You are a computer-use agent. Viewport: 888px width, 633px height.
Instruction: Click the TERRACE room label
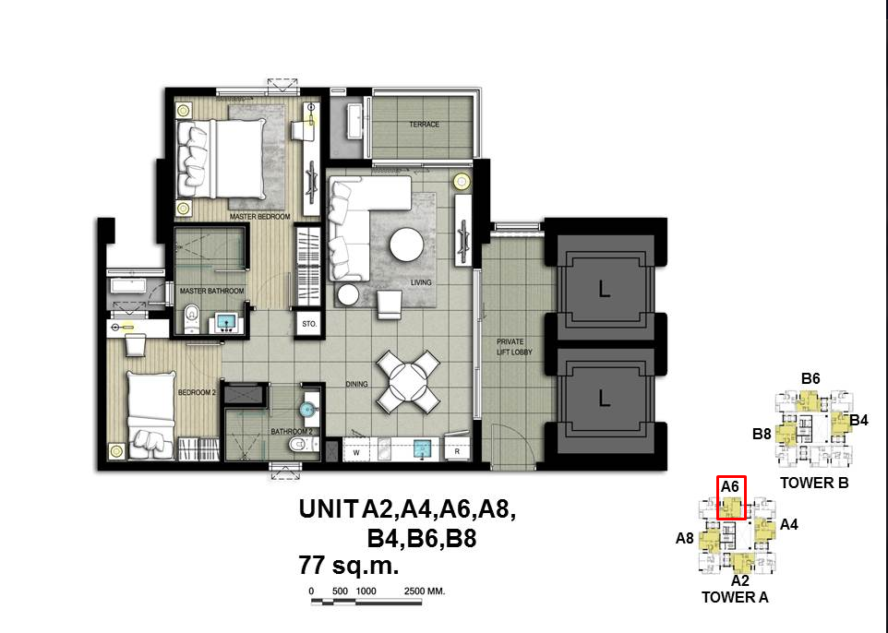pyautogui.click(x=425, y=124)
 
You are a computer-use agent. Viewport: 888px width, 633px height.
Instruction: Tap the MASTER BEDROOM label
pyautogui.click(x=260, y=216)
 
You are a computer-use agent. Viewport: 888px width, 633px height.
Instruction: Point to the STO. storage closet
pyautogui.click(x=309, y=324)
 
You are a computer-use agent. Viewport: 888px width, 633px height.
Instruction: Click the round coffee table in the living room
pyautogui.click(x=406, y=244)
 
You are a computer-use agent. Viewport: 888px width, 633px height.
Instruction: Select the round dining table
pyautogui.click(x=408, y=382)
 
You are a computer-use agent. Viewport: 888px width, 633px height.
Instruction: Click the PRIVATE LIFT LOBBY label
pyautogui.click(x=514, y=347)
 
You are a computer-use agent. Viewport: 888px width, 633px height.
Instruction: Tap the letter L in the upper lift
pyautogui.click(x=605, y=290)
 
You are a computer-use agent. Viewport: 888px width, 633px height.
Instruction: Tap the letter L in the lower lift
pyautogui.click(x=605, y=399)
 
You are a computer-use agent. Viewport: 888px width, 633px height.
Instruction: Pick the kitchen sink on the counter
pyautogui.click(x=422, y=449)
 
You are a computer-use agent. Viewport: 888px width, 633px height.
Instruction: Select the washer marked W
pyautogui.click(x=357, y=452)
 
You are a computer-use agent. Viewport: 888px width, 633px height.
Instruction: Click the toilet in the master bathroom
pyautogui.click(x=191, y=318)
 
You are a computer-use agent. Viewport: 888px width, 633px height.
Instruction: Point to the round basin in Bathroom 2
pyautogui.click(x=308, y=409)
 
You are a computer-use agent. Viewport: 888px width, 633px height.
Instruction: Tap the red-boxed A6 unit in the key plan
pyautogui.click(x=731, y=498)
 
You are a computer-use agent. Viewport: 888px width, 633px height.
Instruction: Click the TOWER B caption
pyautogui.click(x=814, y=483)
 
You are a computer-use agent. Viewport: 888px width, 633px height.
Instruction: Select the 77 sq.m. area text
pyautogui.click(x=348, y=565)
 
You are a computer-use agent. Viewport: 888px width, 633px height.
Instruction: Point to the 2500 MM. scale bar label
pyautogui.click(x=425, y=591)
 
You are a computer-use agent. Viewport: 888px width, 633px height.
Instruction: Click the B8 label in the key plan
pyautogui.click(x=762, y=434)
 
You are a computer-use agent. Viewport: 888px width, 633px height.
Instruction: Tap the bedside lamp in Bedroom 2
pyautogui.click(x=116, y=450)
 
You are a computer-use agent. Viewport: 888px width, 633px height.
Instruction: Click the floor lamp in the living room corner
pyautogui.click(x=462, y=182)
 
